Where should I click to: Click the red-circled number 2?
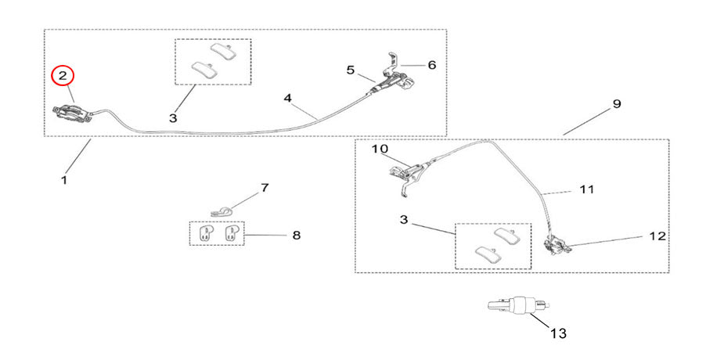(63, 76)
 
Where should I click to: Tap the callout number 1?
(64, 180)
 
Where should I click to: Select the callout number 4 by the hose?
(287, 99)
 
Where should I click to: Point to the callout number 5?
(351, 70)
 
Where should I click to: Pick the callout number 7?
(265, 189)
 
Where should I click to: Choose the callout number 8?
(296, 235)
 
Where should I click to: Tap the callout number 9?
(616, 104)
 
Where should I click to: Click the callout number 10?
(380, 149)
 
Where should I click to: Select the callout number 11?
(586, 189)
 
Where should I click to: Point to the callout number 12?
(657, 235)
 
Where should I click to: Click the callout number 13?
(557, 333)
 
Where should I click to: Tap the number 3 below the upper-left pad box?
(173, 117)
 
